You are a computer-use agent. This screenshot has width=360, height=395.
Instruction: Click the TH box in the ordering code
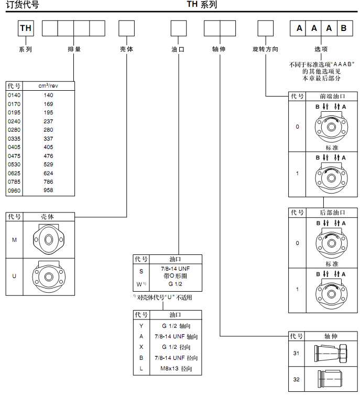[x=26, y=28]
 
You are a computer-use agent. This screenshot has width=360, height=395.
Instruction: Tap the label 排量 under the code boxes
[x=74, y=49]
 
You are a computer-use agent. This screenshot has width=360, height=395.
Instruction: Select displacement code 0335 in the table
[x=14, y=138]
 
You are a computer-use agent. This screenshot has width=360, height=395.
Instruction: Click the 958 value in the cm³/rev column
[x=48, y=190]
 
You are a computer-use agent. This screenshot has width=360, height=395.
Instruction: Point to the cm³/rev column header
[x=48, y=86]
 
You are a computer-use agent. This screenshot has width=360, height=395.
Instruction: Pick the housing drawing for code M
[x=48, y=240]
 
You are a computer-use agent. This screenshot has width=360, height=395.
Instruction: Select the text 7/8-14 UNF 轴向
[x=176, y=336]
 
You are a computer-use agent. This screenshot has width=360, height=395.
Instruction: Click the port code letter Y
[x=141, y=326]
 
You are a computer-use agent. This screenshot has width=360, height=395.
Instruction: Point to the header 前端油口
[x=332, y=97]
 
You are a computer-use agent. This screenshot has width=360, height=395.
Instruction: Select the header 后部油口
[x=332, y=212]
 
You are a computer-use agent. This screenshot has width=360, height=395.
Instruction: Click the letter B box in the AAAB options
[x=344, y=28]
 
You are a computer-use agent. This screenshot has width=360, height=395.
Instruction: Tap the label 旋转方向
[x=265, y=49]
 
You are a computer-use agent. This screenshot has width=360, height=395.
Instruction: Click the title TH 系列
[x=202, y=5]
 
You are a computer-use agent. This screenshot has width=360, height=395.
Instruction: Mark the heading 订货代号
[x=22, y=5]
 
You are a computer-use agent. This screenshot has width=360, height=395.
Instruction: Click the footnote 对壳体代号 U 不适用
[x=163, y=297]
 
